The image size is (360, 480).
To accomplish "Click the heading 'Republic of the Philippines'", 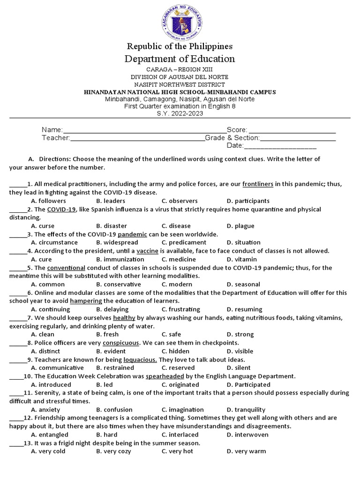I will click(x=180, y=46).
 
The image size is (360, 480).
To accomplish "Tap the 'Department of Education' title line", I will click(x=180, y=59).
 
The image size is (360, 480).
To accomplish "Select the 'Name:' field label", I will click(x=52, y=129).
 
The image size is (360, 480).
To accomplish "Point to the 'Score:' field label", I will click(x=237, y=129).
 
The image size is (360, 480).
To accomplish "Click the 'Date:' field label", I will click(x=235, y=146).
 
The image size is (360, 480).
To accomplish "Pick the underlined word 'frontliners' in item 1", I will click(x=258, y=184).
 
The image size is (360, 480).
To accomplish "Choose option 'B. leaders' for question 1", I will click(x=111, y=201).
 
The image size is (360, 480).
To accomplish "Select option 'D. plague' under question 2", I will click(x=240, y=226).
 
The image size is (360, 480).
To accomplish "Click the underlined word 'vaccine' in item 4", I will click(x=148, y=251).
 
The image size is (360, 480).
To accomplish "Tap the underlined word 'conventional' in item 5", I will click(x=66, y=268).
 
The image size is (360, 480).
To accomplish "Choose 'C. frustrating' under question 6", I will click(x=180, y=309).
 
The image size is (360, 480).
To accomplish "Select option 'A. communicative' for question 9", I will click(x=54, y=368).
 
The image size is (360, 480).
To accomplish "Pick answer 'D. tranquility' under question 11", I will click(x=246, y=410).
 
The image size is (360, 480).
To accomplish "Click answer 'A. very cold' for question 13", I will click(x=48, y=451).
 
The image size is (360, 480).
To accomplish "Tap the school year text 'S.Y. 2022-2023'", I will click(x=180, y=113).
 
